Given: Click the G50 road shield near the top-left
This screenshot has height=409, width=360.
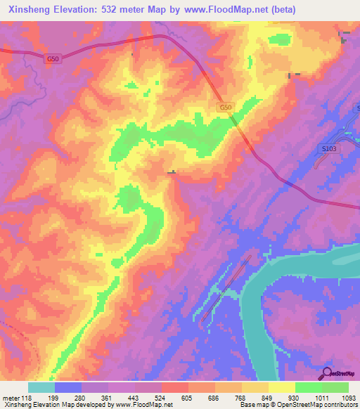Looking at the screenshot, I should (52, 60).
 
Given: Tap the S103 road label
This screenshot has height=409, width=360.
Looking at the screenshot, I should (329, 149).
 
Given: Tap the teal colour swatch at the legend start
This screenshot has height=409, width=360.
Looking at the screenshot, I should (41, 387).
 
